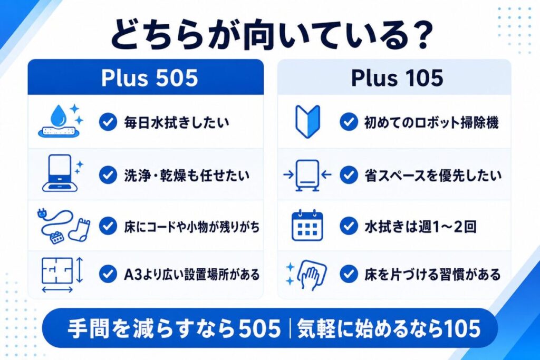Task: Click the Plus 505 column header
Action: (149, 78)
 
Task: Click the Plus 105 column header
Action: (397, 78)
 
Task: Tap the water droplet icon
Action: (58, 115)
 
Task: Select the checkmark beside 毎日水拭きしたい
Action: (108, 122)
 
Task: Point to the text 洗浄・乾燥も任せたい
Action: (187, 175)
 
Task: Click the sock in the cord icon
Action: (80, 230)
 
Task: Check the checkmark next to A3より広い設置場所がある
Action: (108, 274)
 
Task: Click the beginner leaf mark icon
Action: (307, 121)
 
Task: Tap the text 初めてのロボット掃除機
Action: (431, 122)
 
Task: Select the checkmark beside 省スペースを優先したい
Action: (349, 175)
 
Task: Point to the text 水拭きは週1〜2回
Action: (420, 227)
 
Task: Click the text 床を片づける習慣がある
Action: (432, 275)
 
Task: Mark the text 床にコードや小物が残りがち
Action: (192, 227)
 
